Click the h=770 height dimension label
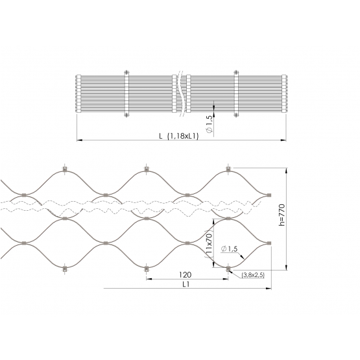(x=282, y=215)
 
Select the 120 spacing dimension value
(x=185, y=274)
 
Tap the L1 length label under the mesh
(x=186, y=285)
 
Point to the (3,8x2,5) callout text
(x=253, y=275)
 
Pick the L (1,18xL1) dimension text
(x=179, y=136)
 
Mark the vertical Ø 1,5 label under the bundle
(x=210, y=124)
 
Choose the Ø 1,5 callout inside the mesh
(x=229, y=249)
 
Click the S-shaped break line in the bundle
(x=181, y=93)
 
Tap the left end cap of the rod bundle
(x=78, y=93)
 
